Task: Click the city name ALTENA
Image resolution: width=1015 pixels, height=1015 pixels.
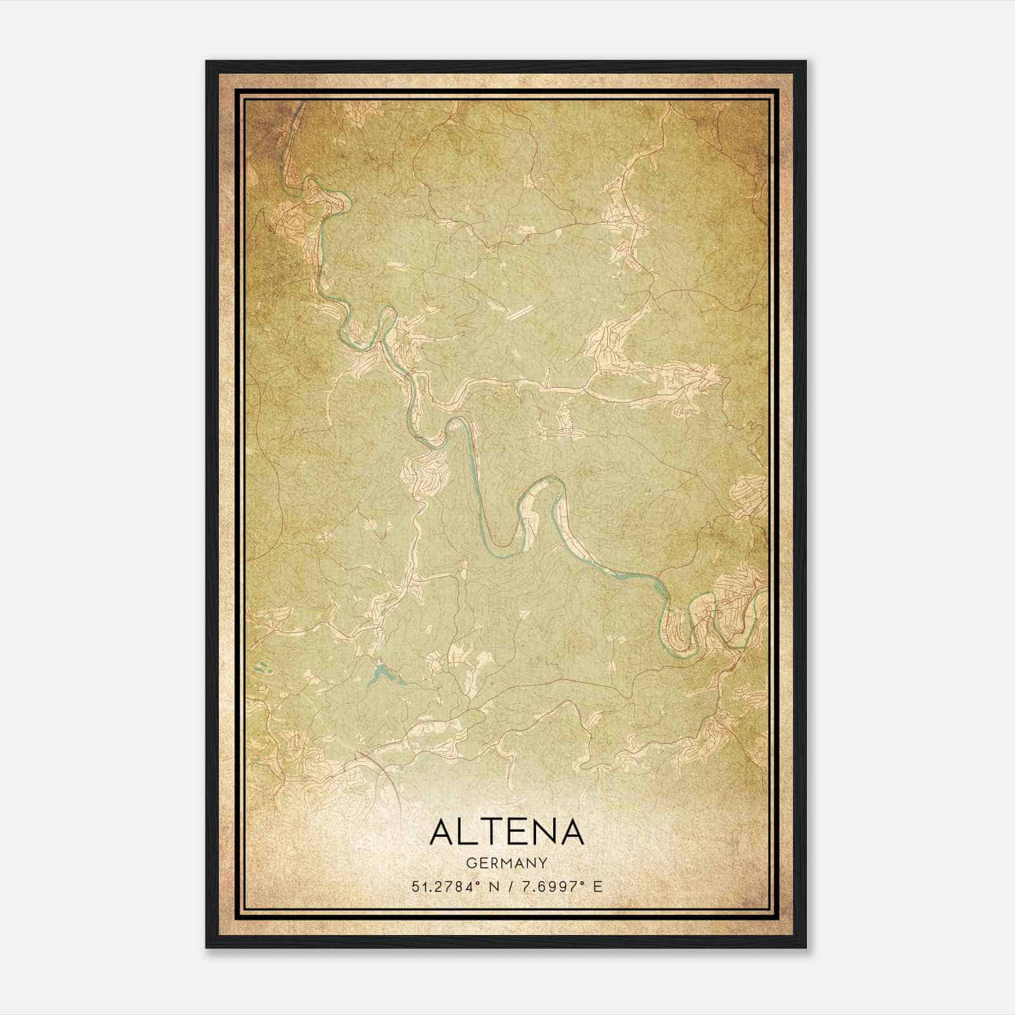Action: pyautogui.click(x=506, y=832)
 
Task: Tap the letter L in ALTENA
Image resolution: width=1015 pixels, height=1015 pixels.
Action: pyautogui.click(x=468, y=832)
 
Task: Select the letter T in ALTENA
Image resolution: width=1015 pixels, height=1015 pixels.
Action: pyautogui.click(x=492, y=832)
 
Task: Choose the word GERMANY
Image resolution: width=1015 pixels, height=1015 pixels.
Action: pyautogui.click(x=506, y=863)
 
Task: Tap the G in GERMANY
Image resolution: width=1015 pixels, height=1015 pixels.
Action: pyautogui.click(x=470, y=863)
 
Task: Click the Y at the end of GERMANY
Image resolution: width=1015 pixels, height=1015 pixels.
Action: pyautogui.click(x=543, y=863)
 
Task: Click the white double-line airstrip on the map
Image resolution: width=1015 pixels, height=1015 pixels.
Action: pyautogui.click(x=520, y=311)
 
